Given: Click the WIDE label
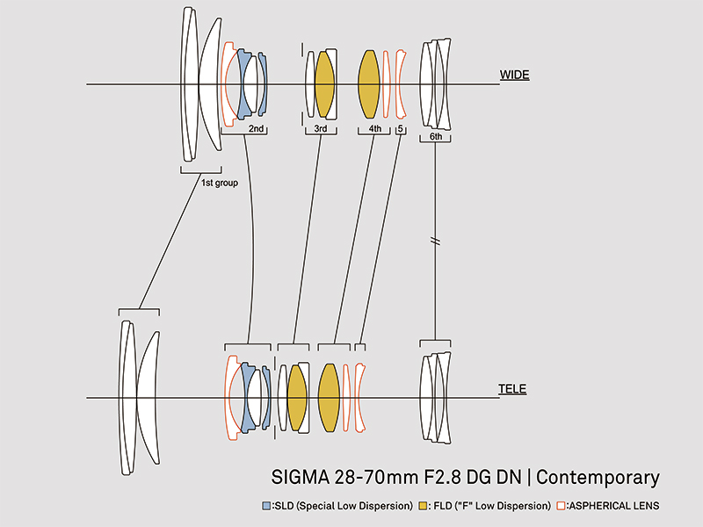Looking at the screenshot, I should tap(514, 75).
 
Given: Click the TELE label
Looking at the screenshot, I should tap(512, 388).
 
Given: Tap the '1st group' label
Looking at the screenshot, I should tap(220, 183).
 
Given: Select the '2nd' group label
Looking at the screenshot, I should tap(257, 129).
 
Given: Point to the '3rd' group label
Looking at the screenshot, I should tap(321, 129).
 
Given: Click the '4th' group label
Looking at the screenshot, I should tap(375, 129).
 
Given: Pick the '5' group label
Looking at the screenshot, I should tap(401, 129).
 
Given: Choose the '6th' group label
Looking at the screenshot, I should tap(436, 137).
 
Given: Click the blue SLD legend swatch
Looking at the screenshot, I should tap(267, 506).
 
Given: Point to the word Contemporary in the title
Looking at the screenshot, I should tap(598, 478).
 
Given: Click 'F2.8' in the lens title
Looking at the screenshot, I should tap(433, 478).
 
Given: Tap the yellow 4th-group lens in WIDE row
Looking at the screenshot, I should tap(368, 84).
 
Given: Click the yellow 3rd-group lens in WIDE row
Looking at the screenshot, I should tap(324, 84).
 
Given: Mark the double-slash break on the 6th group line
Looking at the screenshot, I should tap(436, 241).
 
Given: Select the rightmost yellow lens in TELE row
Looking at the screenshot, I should tap(329, 398).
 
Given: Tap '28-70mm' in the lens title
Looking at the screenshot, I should tap(368, 478).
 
